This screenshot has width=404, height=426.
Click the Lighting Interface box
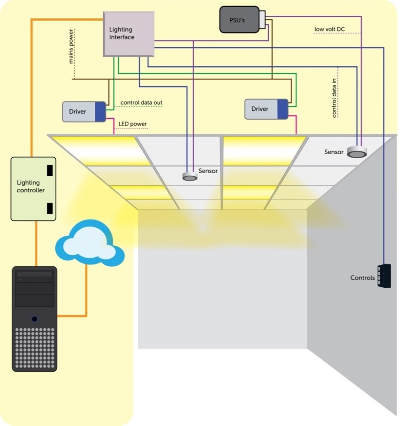129,34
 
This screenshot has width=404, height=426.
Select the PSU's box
239,19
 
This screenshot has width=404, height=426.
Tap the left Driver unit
84,112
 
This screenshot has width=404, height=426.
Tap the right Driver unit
266,109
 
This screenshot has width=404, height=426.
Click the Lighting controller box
33,188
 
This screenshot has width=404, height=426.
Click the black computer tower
34,318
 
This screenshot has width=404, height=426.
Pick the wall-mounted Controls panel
384,276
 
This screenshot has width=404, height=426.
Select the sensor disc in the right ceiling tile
357,152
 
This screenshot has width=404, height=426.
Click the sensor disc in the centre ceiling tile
190,176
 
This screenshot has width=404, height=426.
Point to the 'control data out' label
141,103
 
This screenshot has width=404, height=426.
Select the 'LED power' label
133,124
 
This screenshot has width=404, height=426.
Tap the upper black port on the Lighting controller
50,170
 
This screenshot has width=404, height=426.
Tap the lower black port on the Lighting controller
50,208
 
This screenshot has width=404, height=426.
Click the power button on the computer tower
34,319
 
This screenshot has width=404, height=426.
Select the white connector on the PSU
262,19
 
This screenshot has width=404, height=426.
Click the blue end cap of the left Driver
101,112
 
